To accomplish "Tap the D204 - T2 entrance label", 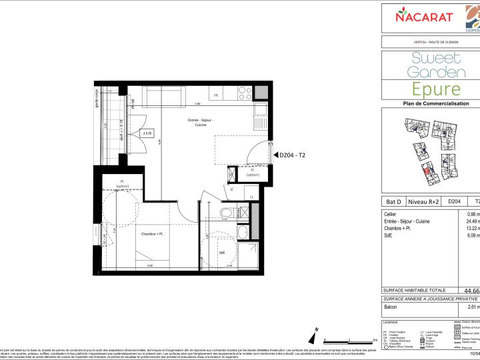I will point(295,155).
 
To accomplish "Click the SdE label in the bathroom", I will point(222,253).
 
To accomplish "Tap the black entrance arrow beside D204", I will point(275,155).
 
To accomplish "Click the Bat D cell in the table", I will point(394,201).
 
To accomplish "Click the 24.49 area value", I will point(471,221).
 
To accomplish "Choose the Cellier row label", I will point(393,213).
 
